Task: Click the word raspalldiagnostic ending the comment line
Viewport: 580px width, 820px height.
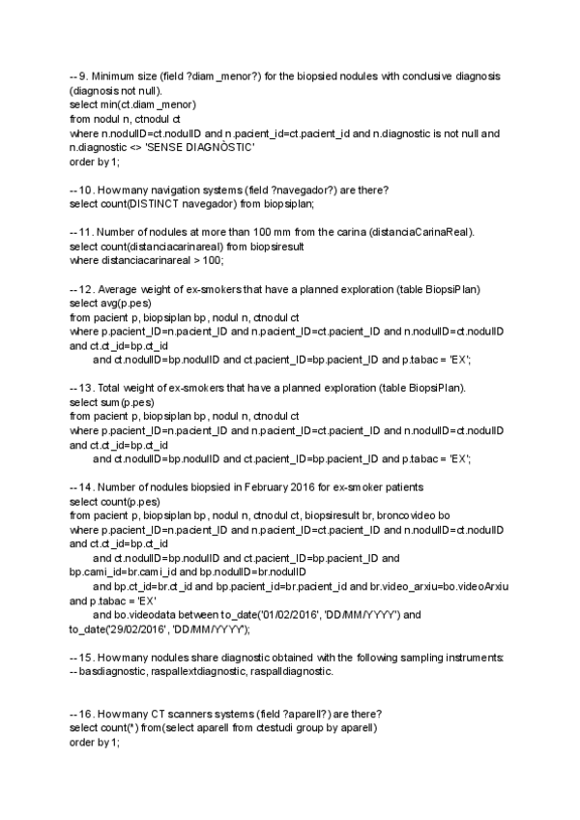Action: click(285, 671)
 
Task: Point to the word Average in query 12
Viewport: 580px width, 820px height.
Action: click(120, 288)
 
